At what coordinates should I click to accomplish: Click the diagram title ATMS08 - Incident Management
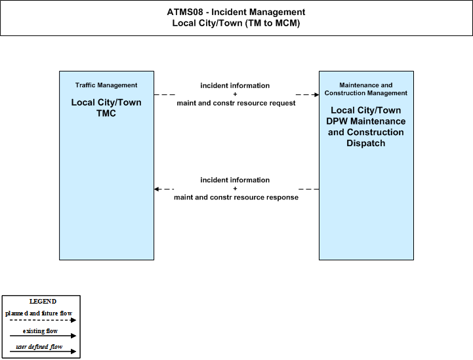(236, 12)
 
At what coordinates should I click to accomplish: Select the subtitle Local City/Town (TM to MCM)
(236, 23)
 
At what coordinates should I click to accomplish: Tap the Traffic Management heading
(106, 85)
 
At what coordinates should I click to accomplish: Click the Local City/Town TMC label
(106, 108)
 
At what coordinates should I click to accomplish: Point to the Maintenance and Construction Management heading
(366, 89)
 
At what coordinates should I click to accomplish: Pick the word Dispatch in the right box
(366, 143)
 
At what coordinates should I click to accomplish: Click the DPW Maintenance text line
(366, 121)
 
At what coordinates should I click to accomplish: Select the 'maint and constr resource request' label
(236, 103)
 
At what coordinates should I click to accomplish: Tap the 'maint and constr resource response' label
(236, 197)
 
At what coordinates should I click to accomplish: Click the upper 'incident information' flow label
(235, 86)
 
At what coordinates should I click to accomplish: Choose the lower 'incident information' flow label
(235, 180)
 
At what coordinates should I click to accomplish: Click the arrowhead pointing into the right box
(316, 94)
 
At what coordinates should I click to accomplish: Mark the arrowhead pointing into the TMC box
(157, 189)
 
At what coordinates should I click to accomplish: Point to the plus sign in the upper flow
(235, 94)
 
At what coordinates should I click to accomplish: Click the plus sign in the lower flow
(235, 188)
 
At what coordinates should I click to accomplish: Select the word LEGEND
(43, 302)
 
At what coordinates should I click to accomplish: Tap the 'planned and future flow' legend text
(39, 313)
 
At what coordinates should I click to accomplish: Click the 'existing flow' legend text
(40, 331)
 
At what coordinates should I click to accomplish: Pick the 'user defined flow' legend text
(39, 347)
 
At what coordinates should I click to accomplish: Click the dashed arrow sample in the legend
(43, 320)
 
